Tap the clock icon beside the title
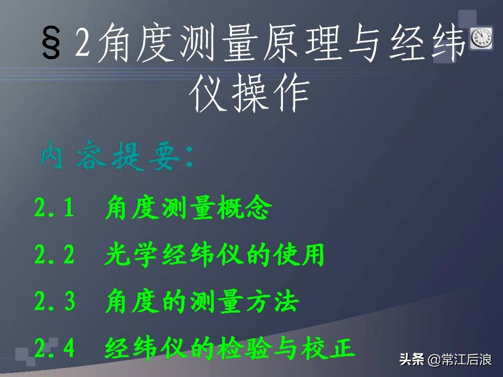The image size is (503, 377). click(x=481, y=38)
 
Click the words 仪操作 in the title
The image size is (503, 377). click(x=249, y=94)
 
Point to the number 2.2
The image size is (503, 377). click(x=54, y=256)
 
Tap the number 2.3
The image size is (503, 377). click(x=54, y=302)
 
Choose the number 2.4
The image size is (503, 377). click(x=54, y=348)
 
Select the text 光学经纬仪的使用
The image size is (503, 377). click(x=215, y=256)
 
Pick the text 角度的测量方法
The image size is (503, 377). click(x=202, y=302)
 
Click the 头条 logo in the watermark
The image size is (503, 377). click(x=412, y=360)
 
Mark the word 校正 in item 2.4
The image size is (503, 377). click(x=331, y=348)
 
